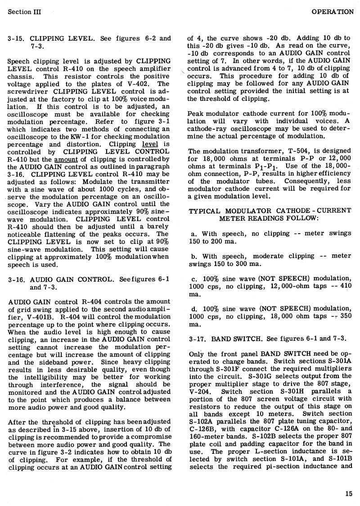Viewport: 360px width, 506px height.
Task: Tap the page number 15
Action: pyautogui.click(x=349, y=493)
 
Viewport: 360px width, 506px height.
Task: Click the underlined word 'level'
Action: pyautogui.click(x=148, y=145)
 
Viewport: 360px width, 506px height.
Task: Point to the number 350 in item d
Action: pyautogui.click(x=343, y=316)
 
